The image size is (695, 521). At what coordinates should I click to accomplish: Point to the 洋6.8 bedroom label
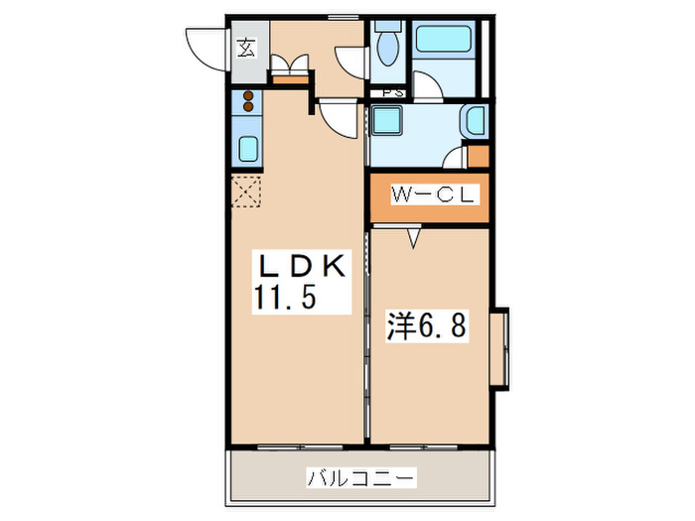tap(425, 325)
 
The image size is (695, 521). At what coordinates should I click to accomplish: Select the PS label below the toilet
tap(391, 93)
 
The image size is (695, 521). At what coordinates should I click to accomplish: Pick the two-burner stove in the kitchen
tap(247, 101)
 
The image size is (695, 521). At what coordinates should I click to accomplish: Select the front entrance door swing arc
tap(204, 50)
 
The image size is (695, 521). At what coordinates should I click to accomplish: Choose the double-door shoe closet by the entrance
tap(291, 66)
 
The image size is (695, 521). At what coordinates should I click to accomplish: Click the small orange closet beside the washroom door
tap(479, 156)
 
